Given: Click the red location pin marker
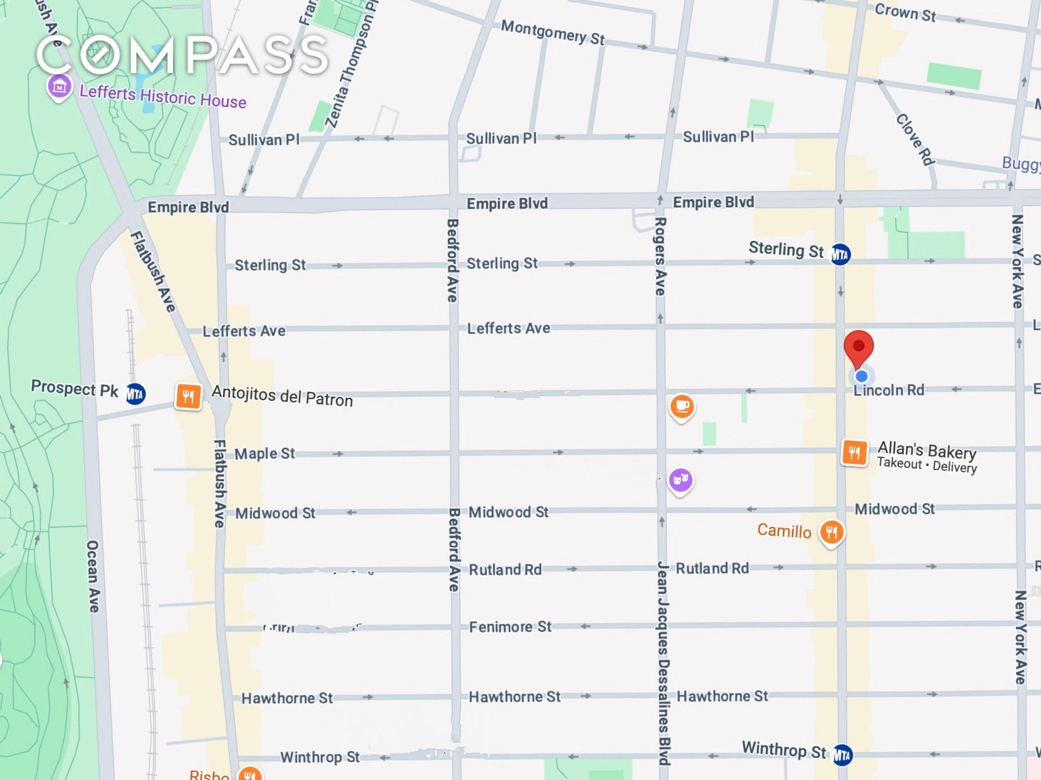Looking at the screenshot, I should tap(859, 347).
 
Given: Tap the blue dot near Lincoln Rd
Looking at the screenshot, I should tap(861, 376).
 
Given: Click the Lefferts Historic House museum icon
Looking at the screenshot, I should tap(59, 87).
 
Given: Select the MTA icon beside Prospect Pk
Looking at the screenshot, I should tap(136, 394).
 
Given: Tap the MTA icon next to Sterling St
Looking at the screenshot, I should tap(841, 254).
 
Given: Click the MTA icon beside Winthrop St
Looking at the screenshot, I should tap(842, 755).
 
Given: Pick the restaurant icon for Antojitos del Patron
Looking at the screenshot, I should tap(188, 397).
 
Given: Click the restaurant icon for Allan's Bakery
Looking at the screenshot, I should tap(854, 452).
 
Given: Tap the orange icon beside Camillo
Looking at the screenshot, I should tap(831, 532).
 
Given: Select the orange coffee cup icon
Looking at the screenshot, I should tap(682, 407).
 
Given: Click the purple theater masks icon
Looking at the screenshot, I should tap(681, 480).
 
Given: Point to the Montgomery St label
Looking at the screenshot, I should tap(553, 32).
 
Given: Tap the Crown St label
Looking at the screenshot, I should tap(905, 12).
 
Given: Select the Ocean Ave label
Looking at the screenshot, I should tap(93, 576).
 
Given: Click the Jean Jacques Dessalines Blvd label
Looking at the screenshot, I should tap(663, 663).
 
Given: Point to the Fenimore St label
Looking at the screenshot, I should tap(510, 627).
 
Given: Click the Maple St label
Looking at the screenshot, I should tap(265, 453).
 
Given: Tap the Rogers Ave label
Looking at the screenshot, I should tap(660, 257).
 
